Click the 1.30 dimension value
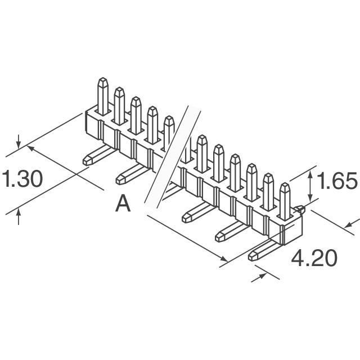[22, 179]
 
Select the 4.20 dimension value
[314, 258]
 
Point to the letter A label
[123, 204]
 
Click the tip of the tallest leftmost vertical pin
[103, 79]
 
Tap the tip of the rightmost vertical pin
[285, 184]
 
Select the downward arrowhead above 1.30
[19, 145]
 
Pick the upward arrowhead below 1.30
[19, 213]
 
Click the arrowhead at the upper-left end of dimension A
[31, 148]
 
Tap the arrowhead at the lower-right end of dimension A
[224, 259]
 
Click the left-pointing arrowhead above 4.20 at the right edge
[349, 226]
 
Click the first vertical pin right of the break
[202, 154]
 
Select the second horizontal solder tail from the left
[131, 174]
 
